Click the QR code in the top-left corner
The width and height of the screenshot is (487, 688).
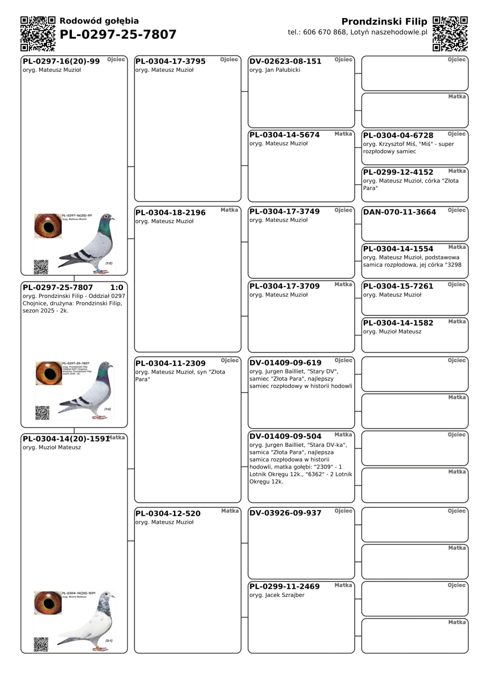[x=38, y=34]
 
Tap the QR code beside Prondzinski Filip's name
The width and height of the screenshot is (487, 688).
[x=450, y=34]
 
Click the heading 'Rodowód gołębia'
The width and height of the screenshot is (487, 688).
[x=99, y=21]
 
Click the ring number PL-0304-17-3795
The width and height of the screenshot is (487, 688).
[x=170, y=61]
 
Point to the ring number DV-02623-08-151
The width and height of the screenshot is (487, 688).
[x=285, y=61]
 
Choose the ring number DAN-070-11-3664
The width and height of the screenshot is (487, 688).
[x=399, y=212]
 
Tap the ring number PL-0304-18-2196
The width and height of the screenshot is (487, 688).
[x=170, y=212]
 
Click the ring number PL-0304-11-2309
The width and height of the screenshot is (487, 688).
[x=170, y=363]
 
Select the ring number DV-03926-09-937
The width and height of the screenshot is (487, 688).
[x=285, y=513]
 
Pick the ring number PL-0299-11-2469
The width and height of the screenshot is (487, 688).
[x=284, y=586]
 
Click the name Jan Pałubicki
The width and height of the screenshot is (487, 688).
[x=282, y=70]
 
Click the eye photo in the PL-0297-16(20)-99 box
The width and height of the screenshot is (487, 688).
[x=48, y=226]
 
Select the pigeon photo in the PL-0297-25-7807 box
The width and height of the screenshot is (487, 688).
[x=86, y=390]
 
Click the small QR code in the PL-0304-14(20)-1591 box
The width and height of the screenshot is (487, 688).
[x=41, y=644]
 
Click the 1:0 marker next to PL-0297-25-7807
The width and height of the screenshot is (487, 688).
[x=116, y=287]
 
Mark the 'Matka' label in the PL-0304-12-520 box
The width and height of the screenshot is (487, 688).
[x=230, y=511]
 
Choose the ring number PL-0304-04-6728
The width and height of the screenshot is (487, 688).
[x=398, y=135]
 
